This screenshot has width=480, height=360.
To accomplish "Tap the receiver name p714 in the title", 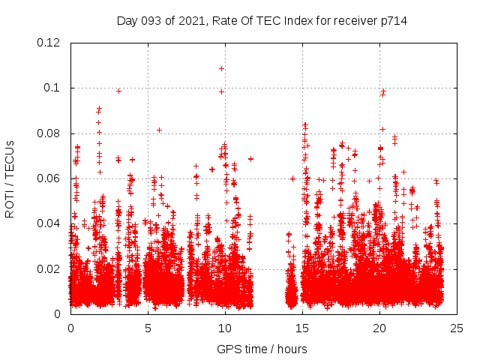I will tap(392, 20).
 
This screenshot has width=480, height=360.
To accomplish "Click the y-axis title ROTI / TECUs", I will tap(10, 178).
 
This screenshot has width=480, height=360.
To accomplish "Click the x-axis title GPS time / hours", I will tap(262, 349).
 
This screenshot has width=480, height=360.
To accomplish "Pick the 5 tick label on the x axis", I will tap(148, 328).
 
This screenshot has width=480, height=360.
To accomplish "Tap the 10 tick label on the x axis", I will tap(225, 328).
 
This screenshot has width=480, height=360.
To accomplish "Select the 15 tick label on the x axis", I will tap(302, 328).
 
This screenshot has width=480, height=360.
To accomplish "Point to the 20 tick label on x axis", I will tap(379, 328).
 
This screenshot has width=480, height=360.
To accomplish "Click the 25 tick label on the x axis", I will tap(457, 328).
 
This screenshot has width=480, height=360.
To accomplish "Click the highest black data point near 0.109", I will tap(221, 68).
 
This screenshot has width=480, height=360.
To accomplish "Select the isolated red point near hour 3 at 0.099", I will tap(118, 91).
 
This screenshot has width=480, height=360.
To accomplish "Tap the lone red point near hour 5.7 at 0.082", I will tap(159, 130).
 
